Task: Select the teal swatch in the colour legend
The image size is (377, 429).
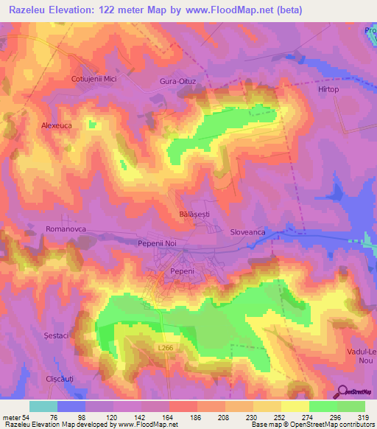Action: (43, 406)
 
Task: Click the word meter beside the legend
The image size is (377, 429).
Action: (12, 418)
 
